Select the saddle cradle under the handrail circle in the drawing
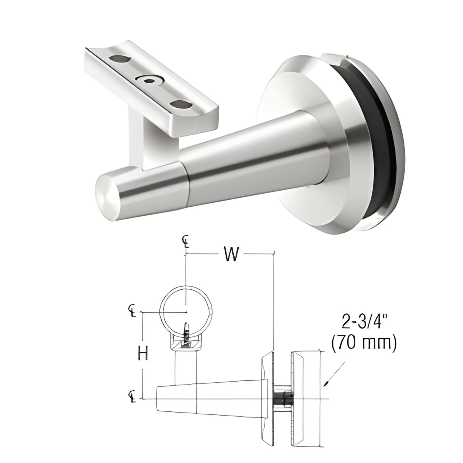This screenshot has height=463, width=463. pyautogui.click(x=186, y=344)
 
